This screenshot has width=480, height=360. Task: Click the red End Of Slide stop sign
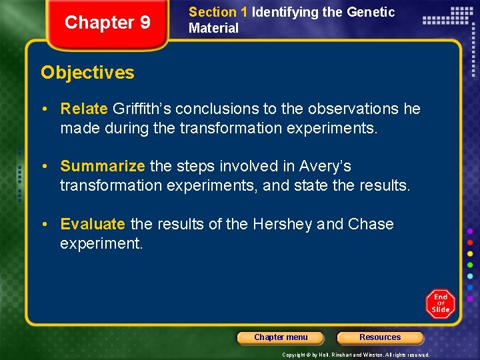[441, 303]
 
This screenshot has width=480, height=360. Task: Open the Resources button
[380, 338]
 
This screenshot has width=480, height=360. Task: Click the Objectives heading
[87, 73]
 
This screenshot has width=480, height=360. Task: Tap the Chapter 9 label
[107, 23]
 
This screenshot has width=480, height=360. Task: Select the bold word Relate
[85, 109]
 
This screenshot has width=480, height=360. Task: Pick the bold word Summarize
[103, 166]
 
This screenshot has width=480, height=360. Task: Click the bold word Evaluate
[93, 224]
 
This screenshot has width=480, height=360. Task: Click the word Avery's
[325, 166]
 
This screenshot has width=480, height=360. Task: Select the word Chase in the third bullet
[370, 224]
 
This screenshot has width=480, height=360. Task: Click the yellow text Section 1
[213, 12]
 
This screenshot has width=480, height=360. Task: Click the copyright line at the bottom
[356, 355]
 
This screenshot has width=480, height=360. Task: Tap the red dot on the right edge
[470, 242]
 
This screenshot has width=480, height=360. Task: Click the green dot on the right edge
[470, 265]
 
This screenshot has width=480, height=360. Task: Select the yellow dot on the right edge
[470, 253]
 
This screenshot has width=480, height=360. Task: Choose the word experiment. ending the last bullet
[101, 243]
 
